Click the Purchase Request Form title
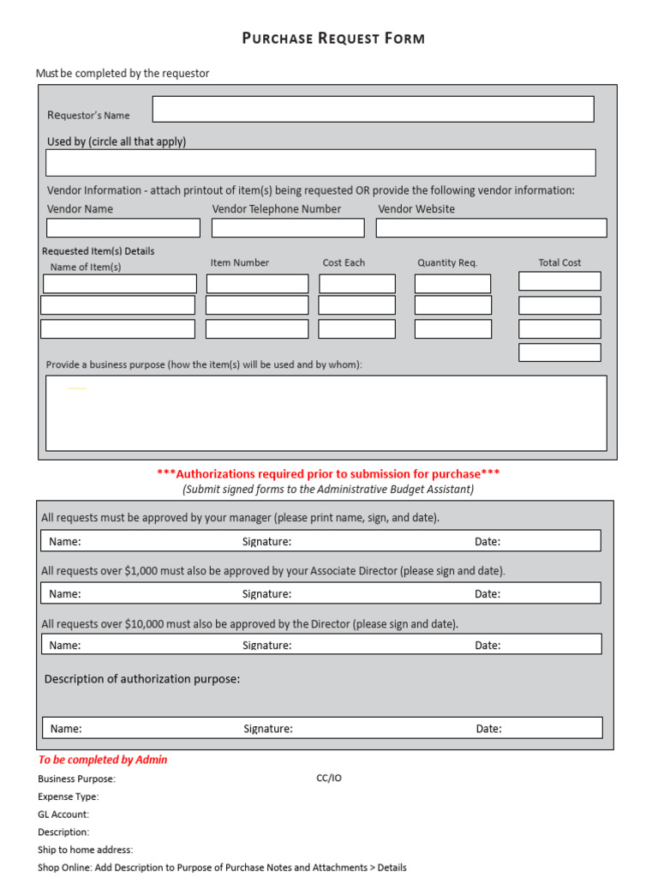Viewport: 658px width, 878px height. pyautogui.click(x=333, y=39)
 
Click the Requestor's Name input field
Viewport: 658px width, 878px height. pyautogui.click(x=373, y=109)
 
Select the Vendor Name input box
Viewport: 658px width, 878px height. pyautogui.click(x=123, y=227)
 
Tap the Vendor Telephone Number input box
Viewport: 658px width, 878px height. pyautogui.click(x=287, y=227)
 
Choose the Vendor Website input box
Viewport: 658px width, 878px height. pyautogui.click(x=491, y=227)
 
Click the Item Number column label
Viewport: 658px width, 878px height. pyautogui.click(x=240, y=263)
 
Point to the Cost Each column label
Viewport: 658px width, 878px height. pyautogui.click(x=344, y=263)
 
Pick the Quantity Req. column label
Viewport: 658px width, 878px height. pyautogui.click(x=447, y=263)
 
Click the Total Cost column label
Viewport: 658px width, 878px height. pyautogui.click(x=559, y=263)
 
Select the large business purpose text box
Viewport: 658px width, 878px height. pyautogui.click(x=326, y=412)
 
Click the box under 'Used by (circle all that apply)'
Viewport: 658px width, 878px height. pyautogui.click(x=320, y=163)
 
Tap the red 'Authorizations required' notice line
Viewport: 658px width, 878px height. pyautogui.click(x=328, y=473)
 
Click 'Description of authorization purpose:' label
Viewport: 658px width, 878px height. pyautogui.click(x=142, y=679)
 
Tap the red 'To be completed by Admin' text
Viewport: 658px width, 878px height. pyautogui.click(x=103, y=760)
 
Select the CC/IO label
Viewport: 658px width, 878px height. pyautogui.click(x=329, y=779)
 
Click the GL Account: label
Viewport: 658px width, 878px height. pyautogui.click(x=63, y=815)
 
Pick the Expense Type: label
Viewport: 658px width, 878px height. pyautogui.click(x=69, y=797)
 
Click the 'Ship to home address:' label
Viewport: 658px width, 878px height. pyautogui.click(x=86, y=850)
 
